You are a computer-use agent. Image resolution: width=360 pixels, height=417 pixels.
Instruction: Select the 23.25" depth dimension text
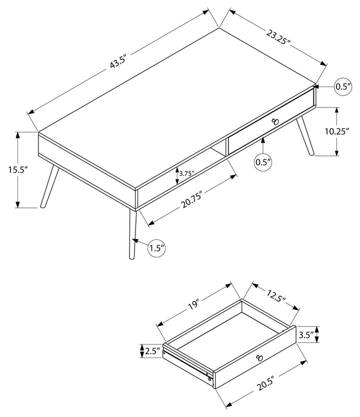point(278,37)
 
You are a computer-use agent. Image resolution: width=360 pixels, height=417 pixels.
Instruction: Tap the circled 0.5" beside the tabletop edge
point(342,87)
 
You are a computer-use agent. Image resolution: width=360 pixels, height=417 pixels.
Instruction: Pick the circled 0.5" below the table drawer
point(263,162)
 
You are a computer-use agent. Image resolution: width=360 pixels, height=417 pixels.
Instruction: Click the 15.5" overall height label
point(17,169)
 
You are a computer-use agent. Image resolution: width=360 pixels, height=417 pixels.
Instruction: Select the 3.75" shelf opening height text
point(186,174)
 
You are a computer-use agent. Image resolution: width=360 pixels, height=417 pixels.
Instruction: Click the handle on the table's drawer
point(274,121)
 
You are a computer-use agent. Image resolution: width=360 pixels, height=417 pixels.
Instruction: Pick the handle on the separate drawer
point(258,357)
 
